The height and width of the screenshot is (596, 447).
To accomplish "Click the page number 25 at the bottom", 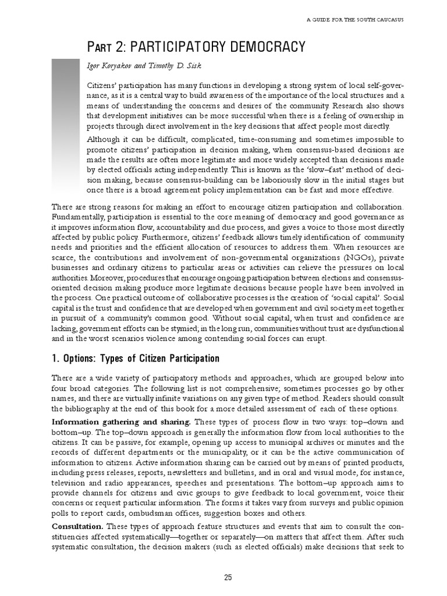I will pos(228,577).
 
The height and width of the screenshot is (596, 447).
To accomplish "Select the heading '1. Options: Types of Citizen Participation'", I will pos(136,357).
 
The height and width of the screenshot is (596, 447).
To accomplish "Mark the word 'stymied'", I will pos(179,328).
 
